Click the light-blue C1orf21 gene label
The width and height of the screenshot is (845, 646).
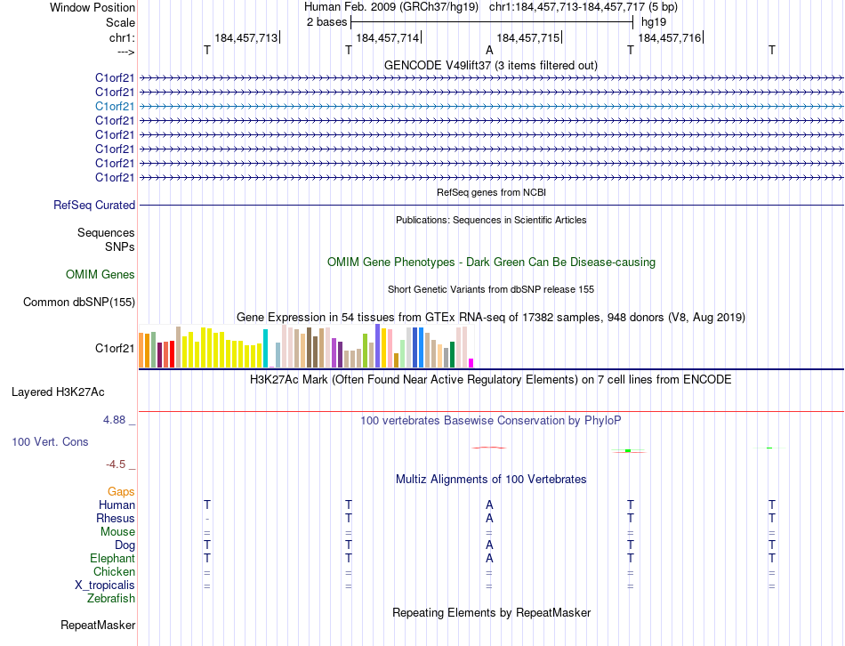115,106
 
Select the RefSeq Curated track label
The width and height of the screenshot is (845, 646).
94,205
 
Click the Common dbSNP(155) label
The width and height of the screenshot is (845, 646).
79,302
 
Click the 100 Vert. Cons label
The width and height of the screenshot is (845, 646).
52,441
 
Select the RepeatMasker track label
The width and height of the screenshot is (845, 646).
98,626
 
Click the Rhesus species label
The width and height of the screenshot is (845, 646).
116,518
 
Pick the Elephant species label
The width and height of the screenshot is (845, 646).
113,558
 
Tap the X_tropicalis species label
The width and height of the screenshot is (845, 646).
105,585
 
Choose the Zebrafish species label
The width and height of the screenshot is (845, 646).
111,598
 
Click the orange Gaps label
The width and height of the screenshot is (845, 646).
121,491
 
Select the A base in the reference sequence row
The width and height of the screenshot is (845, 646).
489,51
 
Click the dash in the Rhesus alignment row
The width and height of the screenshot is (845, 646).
207,518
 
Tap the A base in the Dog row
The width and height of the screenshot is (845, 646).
489,545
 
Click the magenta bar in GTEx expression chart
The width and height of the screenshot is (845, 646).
471,362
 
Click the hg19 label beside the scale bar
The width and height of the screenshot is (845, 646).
653,21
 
